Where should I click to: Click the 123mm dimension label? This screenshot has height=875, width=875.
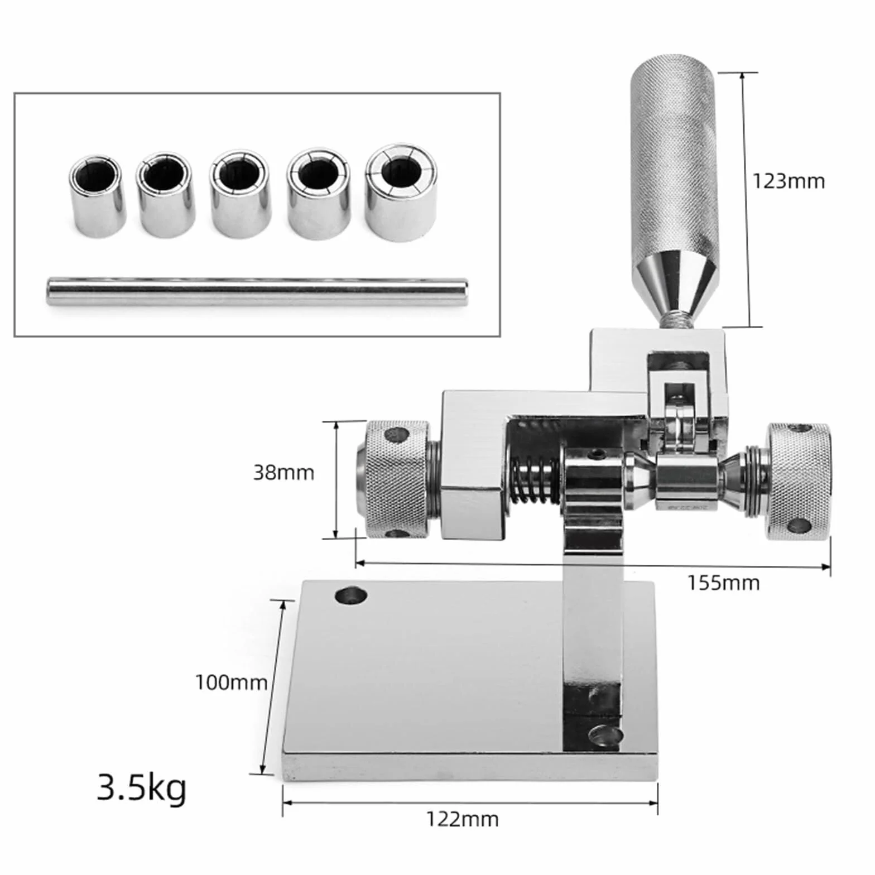coord(789,181)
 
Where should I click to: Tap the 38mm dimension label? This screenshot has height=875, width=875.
coord(283,473)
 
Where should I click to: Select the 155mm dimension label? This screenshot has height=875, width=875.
coord(723,583)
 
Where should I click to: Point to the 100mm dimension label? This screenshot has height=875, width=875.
coord(231,682)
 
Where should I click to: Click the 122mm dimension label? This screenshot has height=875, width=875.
coord(463,819)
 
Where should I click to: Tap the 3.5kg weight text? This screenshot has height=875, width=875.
coord(142,787)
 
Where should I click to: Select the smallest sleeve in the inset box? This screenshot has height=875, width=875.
coord(97,195)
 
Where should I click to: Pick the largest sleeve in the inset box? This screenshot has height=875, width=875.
coord(401,193)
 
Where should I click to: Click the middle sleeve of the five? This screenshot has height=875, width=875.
coord(241,194)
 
